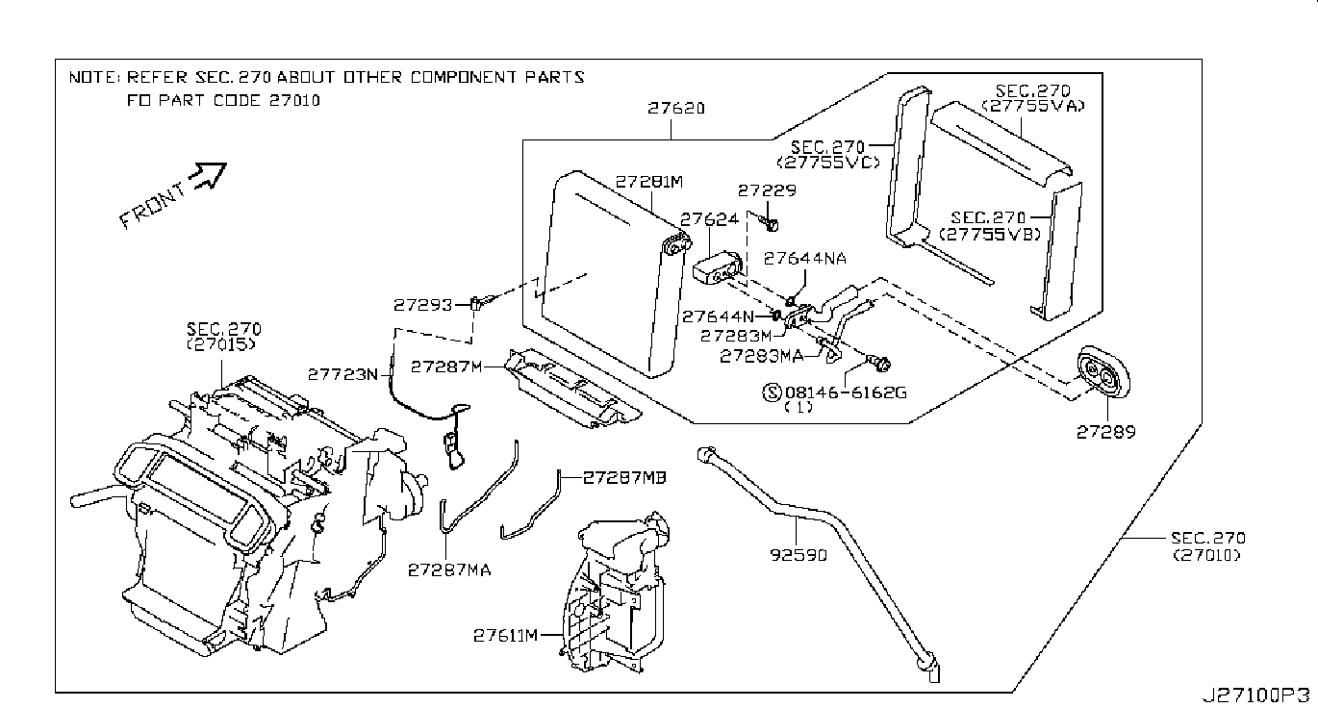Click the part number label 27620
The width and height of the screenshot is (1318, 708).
coord(675,109)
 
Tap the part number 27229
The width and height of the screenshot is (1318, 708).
coord(767,190)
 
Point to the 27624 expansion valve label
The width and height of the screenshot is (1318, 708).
coord(710,219)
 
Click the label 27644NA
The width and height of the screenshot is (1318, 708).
coord(805,258)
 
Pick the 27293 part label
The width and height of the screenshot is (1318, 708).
coord(423,305)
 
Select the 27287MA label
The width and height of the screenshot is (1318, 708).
coord(448,570)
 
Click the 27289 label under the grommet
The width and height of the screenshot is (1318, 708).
coord(1105,432)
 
